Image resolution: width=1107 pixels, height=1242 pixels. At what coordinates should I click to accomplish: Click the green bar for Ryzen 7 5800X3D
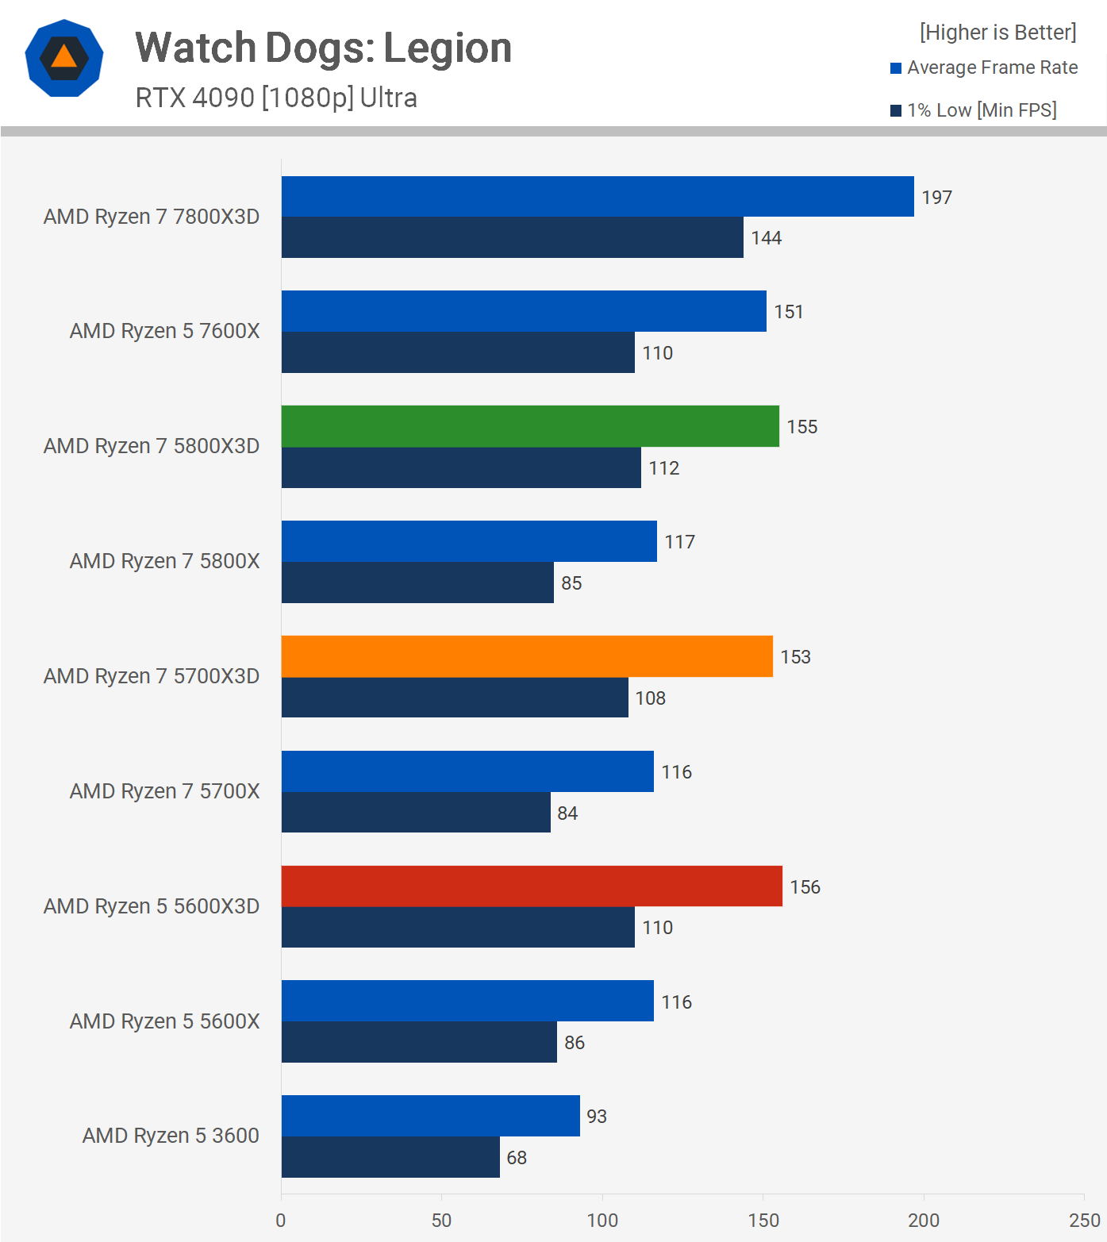pyautogui.click(x=530, y=426)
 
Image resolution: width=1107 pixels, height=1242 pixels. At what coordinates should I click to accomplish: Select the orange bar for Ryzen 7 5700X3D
pyautogui.click(x=527, y=656)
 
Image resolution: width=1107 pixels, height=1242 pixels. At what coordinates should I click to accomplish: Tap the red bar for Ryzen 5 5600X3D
pyautogui.click(x=532, y=886)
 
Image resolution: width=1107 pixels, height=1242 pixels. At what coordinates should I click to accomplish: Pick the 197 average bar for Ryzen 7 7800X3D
pyautogui.click(x=598, y=197)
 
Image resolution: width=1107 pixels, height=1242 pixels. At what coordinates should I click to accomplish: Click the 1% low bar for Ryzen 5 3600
pyautogui.click(x=390, y=1157)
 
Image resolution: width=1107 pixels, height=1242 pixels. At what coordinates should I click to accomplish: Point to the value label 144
pyautogui.click(x=767, y=238)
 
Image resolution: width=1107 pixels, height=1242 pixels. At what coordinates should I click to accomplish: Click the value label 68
pyautogui.click(x=517, y=1158)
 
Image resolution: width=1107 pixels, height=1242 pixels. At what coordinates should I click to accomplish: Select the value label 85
pyautogui.click(x=571, y=583)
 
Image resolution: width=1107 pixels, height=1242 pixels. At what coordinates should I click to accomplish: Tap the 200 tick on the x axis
pyautogui.click(x=924, y=1221)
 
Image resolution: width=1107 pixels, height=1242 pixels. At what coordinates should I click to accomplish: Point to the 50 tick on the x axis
pyautogui.click(x=442, y=1221)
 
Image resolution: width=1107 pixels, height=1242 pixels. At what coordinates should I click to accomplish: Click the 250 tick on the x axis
pyautogui.click(x=1084, y=1221)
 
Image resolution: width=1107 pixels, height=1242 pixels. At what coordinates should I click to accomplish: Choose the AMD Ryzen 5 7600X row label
pyautogui.click(x=164, y=331)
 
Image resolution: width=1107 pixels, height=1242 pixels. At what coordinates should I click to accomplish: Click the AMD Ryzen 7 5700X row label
pyautogui.click(x=164, y=791)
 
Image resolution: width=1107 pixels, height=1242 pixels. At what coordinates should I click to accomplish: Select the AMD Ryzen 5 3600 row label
pyautogui.click(x=171, y=1136)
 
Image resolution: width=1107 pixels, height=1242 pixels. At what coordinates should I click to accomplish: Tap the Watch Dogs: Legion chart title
pyautogui.click(x=323, y=48)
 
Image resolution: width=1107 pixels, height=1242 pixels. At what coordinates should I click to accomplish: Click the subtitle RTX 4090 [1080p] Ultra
pyautogui.click(x=276, y=98)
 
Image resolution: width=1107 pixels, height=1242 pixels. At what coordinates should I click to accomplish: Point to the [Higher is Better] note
pyautogui.click(x=997, y=33)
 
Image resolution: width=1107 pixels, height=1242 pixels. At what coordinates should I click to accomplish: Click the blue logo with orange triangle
pyautogui.click(x=64, y=58)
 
